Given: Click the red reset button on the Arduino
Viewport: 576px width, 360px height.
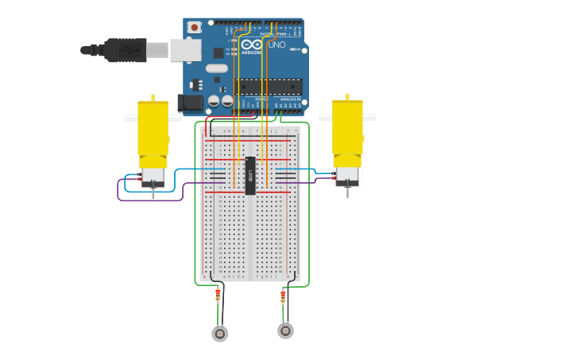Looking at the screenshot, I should point(195,27).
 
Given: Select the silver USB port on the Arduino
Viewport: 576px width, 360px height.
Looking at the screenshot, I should point(184,50).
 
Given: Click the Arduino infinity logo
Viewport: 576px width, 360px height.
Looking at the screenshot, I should point(252,45).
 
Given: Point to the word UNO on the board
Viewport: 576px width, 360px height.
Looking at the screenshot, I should point(276,45).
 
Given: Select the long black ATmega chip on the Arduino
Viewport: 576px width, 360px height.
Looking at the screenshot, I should point(268,86).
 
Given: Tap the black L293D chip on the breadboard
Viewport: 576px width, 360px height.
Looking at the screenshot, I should point(250,176).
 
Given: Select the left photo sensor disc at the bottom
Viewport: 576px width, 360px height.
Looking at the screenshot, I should point(220,334).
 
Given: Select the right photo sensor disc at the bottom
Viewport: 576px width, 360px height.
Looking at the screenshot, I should point(285,330).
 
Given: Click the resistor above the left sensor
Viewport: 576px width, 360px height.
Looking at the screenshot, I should point(218,295).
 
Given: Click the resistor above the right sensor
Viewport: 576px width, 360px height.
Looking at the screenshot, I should point(283,296).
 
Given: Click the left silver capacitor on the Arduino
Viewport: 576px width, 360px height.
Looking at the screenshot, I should point(213,101).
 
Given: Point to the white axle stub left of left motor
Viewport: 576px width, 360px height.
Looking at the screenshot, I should point(131,118).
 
